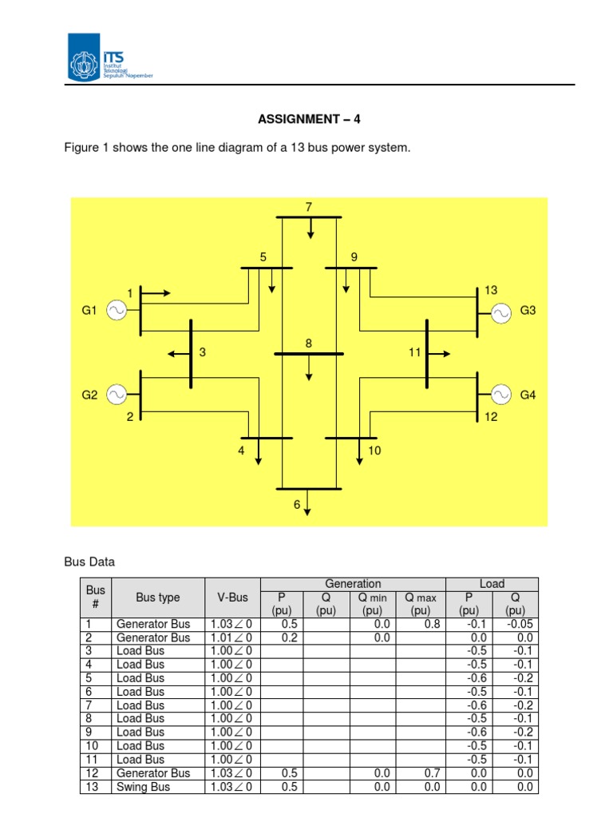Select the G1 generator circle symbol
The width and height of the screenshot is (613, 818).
coord(116,310)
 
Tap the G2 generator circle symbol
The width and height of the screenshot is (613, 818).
coord(116,394)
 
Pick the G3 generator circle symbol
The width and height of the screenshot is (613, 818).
coord(501,312)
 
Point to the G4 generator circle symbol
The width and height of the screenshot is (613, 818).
coord(501,394)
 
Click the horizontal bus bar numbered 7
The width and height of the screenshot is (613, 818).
coord(309,217)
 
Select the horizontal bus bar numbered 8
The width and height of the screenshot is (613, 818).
coord(309,353)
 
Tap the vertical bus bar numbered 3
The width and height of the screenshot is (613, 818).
coord(191,354)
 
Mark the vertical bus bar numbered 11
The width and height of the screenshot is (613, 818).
coord(427,352)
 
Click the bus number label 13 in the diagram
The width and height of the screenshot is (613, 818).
coord(491,290)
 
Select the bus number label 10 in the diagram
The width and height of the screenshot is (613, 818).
coord(374,451)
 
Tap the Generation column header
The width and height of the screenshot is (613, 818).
coord(353,584)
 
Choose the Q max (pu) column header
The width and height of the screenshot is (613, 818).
coord(421,604)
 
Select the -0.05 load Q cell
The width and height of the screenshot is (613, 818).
coord(515,624)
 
